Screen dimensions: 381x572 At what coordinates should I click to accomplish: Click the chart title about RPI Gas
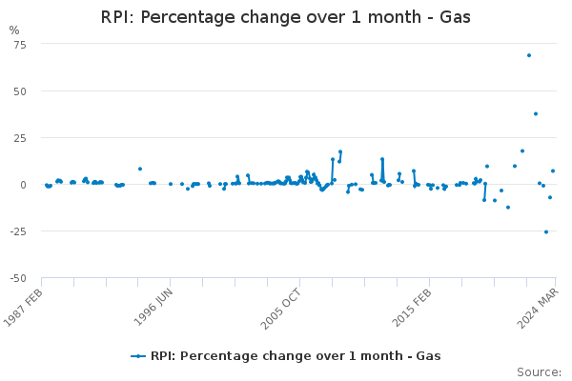285,17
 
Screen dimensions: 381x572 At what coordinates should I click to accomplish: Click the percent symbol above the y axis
13,30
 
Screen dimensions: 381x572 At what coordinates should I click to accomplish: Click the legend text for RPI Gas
296,356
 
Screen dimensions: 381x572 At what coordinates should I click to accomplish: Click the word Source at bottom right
539,371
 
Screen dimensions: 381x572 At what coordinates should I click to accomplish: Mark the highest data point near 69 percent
529,55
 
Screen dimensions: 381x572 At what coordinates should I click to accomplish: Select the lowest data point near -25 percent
546,231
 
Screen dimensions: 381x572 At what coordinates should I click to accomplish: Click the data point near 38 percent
536,113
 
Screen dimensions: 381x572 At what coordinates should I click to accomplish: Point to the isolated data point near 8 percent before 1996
140,169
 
